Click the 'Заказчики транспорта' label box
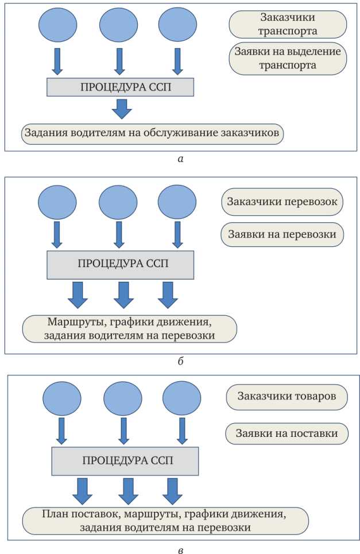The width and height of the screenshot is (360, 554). (x=288, y=24)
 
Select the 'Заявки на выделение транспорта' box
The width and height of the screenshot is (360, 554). (x=288, y=58)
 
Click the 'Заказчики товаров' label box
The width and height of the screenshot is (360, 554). (x=287, y=397)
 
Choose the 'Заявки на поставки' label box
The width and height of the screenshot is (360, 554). (x=287, y=433)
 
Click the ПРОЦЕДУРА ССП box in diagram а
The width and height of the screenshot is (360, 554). (x=120, y=87)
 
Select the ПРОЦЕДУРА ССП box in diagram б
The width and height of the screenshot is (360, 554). (x=120, y=264)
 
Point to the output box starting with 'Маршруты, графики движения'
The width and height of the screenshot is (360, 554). (x=129, y=328)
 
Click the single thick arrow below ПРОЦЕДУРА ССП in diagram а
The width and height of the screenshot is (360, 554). (x=121, y=108)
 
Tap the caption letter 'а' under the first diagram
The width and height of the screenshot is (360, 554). (x=181, y=159)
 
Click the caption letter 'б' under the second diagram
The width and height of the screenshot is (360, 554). (x=181, y=362)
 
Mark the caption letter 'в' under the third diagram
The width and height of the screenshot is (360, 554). (x=181, y=550)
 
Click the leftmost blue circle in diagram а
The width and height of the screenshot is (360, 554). (x=57, y=24)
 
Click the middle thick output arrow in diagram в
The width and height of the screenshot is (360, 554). (x=128, y=490)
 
